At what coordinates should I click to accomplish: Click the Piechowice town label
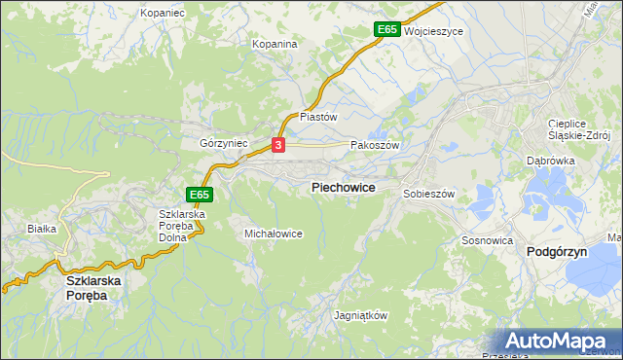[343, 187]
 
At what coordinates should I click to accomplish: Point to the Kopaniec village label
[162, 13]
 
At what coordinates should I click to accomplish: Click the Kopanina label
[274, 44]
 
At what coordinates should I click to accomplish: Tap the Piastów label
[317, 116]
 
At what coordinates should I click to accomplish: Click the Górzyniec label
[224, 143]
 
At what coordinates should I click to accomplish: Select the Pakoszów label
[375, 144]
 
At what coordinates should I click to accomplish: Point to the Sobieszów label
[429, 194]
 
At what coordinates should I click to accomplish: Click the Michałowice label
[274, 234]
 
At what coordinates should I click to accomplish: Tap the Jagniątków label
[360, 316]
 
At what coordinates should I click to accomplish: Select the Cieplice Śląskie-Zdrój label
[578, 130]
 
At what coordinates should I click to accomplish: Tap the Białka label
[43, 229]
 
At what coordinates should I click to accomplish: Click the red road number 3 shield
[279, 145]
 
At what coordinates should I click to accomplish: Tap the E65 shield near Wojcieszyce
[387, 30]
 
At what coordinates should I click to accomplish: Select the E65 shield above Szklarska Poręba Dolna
[200, 195]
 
